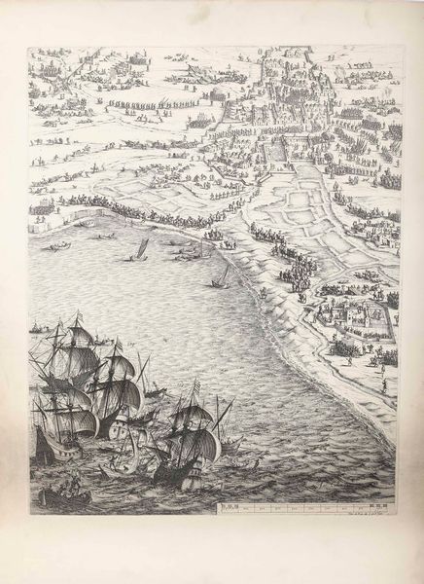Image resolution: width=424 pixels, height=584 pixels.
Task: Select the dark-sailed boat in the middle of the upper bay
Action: [140, 249]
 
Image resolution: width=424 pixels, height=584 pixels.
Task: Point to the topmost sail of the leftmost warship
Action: [78, 334]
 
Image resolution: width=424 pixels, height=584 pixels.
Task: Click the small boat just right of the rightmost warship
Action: [231, 446]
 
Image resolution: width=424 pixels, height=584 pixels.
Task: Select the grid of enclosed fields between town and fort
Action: [311, 209]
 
